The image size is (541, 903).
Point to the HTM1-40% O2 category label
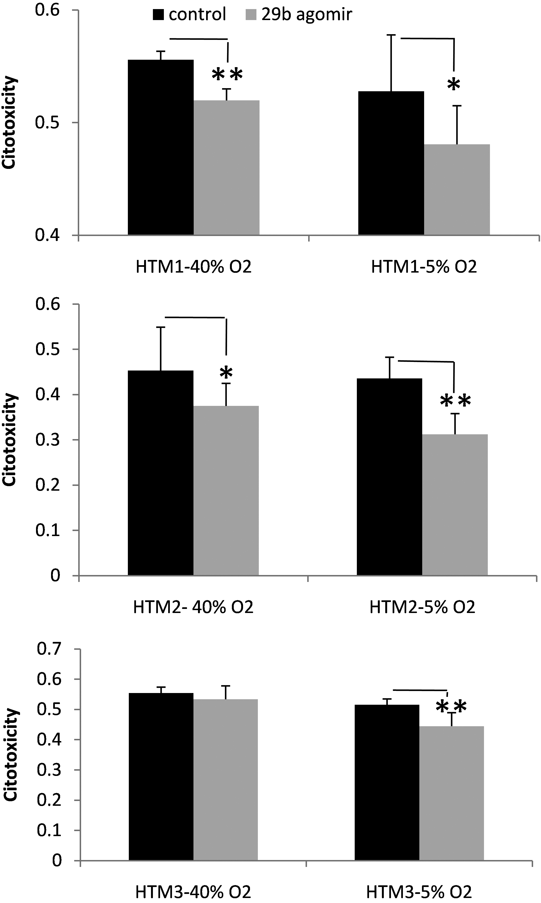point(194,267)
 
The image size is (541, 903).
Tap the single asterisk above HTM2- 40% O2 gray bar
point(226,373)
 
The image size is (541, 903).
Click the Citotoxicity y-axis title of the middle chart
point(10,440)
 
